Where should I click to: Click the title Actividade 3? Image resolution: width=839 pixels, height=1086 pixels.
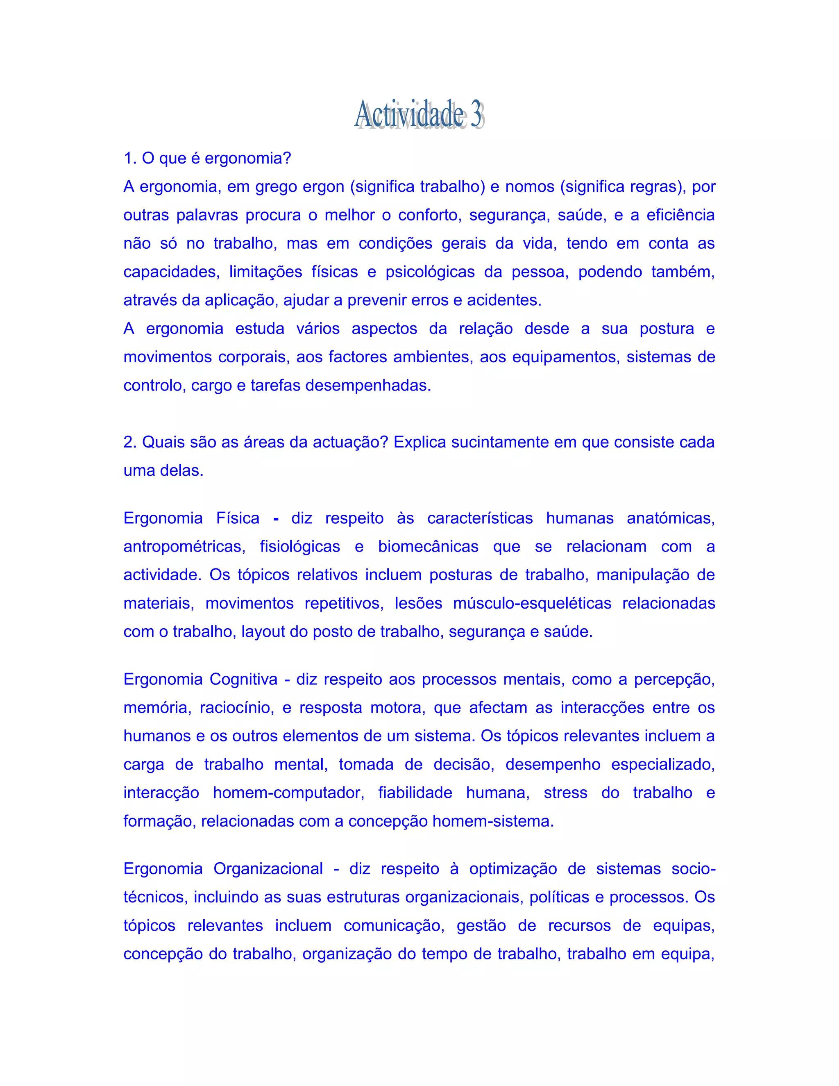click(x=419, y=114)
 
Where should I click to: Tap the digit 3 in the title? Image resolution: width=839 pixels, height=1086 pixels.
click(x=476, y=114)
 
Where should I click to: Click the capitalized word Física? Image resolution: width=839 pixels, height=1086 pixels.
click(x=238, y=518)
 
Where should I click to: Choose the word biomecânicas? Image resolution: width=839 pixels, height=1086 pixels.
click(x=428, y=546)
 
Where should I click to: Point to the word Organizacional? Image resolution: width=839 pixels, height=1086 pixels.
click(x=268, y=869)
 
